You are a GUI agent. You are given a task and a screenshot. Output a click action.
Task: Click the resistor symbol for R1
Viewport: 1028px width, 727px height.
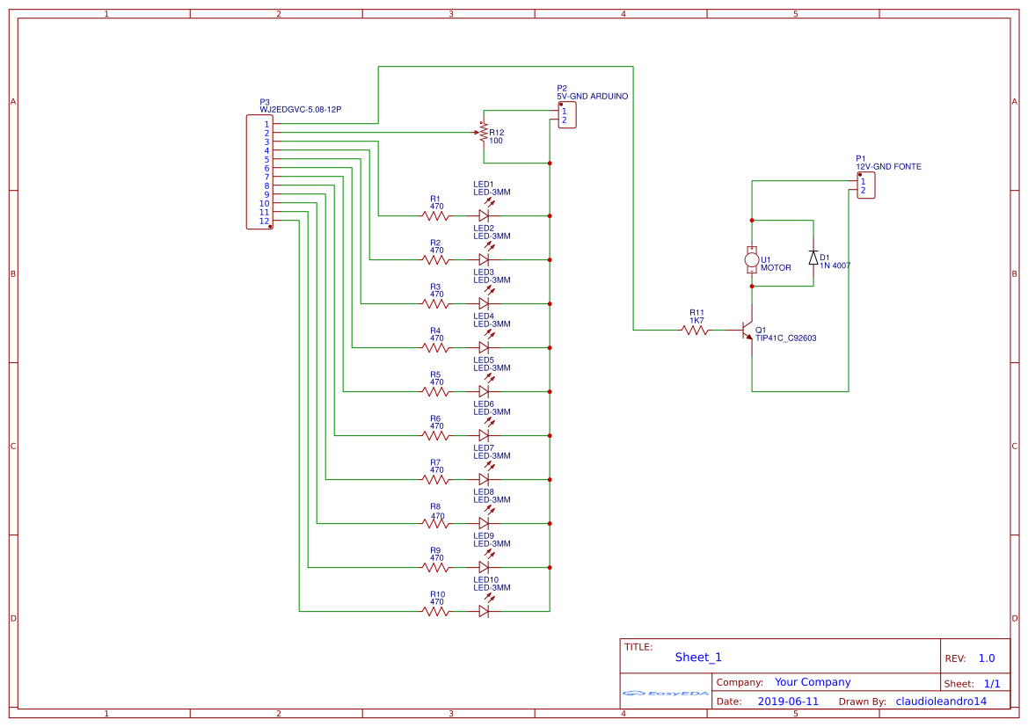(435, 215)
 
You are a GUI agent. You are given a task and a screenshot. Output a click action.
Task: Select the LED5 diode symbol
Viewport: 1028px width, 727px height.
(484, 391)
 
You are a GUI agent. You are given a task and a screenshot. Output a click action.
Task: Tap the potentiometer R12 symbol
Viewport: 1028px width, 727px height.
(483, 133)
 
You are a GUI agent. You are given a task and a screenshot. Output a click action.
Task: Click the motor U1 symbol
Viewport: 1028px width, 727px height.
(751, 258)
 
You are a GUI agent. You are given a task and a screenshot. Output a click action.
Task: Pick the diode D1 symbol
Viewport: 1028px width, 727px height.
(813, 258)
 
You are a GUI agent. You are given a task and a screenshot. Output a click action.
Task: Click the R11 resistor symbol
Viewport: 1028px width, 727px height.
(696, 331)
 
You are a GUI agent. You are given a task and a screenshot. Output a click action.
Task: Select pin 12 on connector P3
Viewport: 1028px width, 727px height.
(264, 221)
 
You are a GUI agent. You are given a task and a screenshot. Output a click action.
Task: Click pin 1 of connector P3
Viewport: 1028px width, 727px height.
(266, 124)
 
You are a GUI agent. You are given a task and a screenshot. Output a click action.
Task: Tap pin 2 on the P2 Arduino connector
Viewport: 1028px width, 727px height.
(565, 120)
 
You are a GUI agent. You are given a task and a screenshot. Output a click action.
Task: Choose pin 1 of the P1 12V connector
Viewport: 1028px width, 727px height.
(863, 181)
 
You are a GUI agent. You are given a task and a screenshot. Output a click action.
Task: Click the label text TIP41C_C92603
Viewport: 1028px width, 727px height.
(785, 338)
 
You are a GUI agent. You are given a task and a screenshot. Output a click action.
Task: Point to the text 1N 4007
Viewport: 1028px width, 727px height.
(835, 265)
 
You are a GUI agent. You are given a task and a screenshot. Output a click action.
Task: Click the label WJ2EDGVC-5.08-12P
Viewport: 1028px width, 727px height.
(300, 110)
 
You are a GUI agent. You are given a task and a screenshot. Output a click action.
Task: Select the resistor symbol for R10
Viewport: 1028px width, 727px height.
(435, 611)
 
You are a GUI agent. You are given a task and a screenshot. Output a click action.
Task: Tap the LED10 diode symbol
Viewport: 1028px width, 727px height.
(484, 611)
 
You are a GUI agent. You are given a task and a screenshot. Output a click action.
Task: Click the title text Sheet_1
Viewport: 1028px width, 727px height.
(698, 658)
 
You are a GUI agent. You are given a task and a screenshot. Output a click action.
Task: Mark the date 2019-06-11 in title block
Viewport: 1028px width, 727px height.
(788, 702)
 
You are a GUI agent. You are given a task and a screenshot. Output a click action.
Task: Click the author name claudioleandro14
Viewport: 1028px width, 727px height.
(941, 702)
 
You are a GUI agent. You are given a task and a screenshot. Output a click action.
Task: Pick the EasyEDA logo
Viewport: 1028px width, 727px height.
(666, 694)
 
